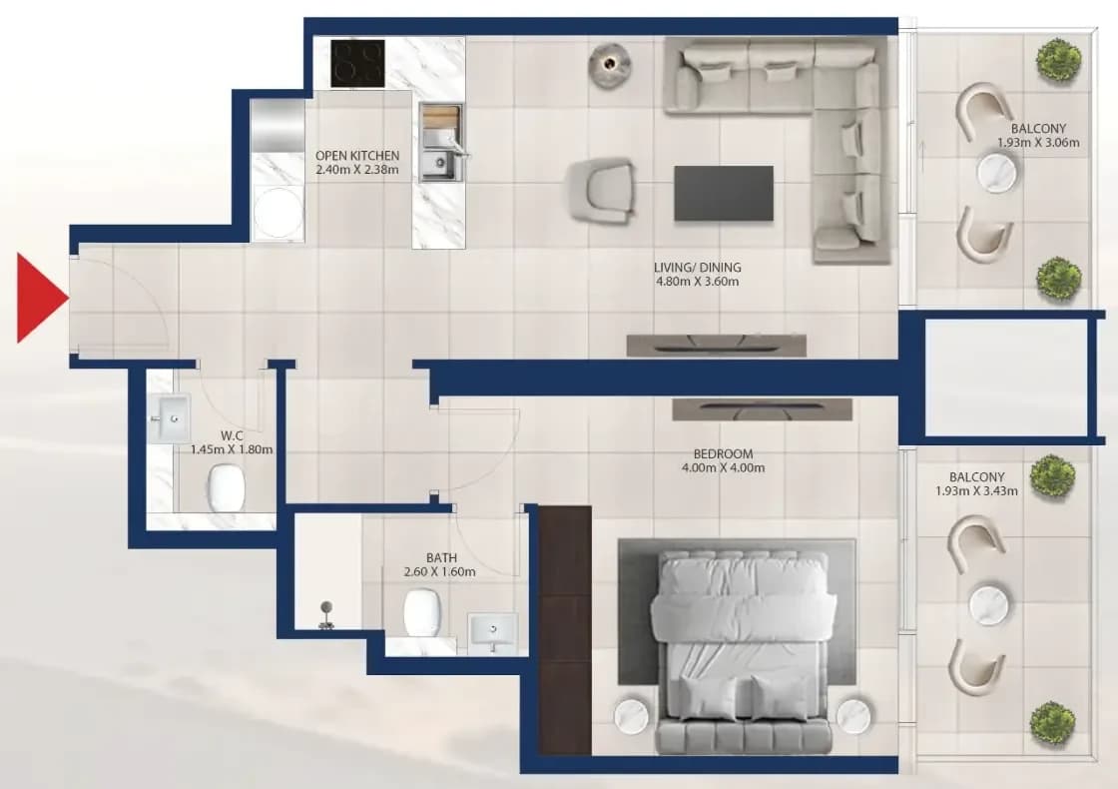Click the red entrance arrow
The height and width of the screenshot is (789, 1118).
click(41, 298)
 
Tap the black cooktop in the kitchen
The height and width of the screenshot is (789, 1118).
click(358, 64)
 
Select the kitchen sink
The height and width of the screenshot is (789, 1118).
click(441, 143)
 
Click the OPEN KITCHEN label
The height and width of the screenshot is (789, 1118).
click(357, 156)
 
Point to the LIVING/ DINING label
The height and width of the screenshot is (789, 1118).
click(698, 268)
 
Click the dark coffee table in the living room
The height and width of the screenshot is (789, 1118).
click(724, 194)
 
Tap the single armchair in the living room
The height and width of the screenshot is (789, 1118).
click(600, 191)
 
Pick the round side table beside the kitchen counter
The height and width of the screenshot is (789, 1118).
click(610, 65)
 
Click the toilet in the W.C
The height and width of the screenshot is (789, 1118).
click(227, 488)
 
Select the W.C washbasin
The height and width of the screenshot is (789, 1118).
click(169, 418)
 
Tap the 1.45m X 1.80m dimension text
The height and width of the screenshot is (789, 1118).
click(232, 449)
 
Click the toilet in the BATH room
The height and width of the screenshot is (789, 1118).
click(422, 612)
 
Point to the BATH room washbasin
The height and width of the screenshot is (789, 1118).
click(493, 630)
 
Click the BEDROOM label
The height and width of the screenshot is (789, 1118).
click(723, 453)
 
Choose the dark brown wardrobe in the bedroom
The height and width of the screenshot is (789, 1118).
click(565, 630)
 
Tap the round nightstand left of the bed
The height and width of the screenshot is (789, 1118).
click(631, 715)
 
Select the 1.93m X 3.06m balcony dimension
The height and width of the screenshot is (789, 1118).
click(1038, 143)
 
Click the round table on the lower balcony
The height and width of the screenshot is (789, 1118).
click(989, 603)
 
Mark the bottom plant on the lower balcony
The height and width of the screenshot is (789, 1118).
click(1052, 724)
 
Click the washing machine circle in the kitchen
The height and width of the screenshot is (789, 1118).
click(279, 213)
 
